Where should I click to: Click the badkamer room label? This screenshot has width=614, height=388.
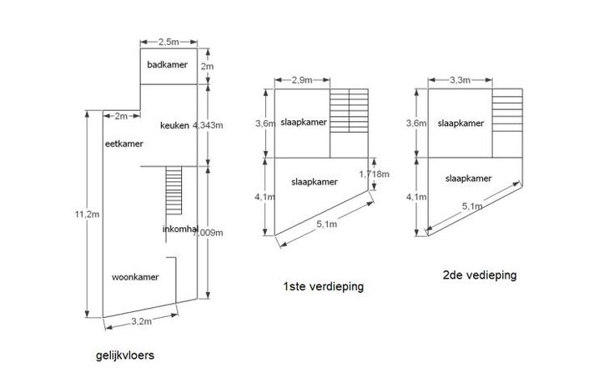(167, 65)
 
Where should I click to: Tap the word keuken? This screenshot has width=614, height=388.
(175, 125)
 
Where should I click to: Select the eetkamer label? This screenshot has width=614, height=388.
(124, 144)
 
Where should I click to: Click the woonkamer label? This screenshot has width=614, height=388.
(134, 275)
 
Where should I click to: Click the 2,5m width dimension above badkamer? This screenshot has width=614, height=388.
(169, 40)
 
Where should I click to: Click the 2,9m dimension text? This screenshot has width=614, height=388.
(303, 80)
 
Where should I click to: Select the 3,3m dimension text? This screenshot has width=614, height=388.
(458, 80)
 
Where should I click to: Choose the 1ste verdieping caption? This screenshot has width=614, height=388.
(324, 287)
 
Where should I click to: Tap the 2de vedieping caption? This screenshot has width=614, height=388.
(481, 274)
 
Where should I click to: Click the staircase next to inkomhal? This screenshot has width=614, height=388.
(174, 192)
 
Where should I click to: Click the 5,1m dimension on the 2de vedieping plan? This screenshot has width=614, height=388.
(474, 209)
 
